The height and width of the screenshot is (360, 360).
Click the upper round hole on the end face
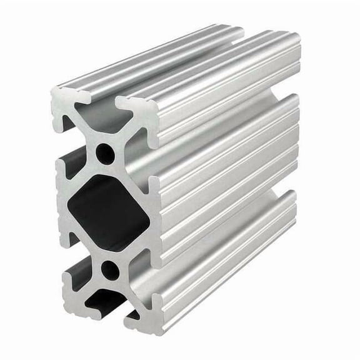point(107,154)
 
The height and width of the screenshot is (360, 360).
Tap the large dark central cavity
point(106,211)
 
